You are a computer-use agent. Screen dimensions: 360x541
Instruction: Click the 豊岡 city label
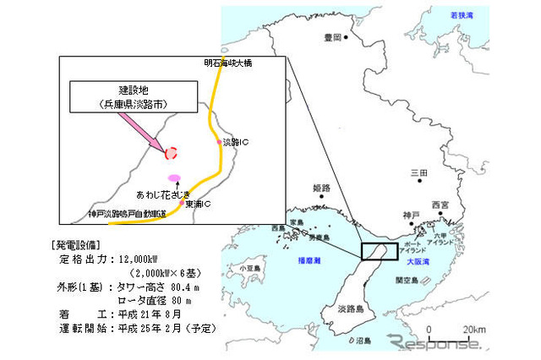332,38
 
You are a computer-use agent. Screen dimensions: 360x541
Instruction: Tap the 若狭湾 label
462,15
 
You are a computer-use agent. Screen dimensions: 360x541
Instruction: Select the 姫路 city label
321,187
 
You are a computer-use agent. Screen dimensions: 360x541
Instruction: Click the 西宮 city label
440,205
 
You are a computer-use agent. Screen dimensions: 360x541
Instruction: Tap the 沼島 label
363,341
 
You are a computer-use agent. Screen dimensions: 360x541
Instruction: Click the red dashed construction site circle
172,153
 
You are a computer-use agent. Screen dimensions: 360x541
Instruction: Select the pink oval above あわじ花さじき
175,177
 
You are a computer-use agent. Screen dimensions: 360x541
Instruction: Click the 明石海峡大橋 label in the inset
228,63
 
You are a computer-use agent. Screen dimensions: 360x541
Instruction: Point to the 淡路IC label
236,142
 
